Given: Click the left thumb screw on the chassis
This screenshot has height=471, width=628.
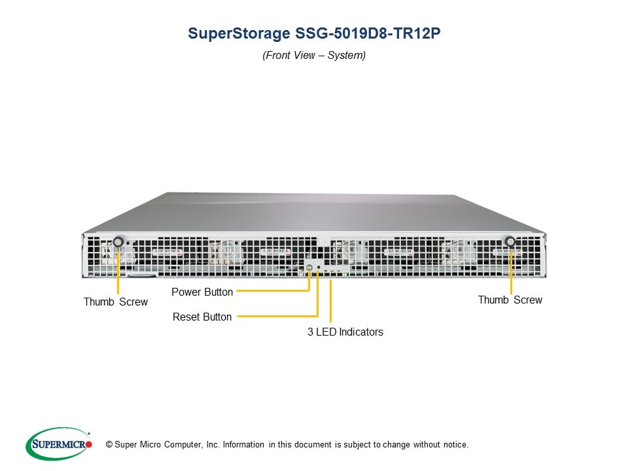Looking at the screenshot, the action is click(x=118, y=241).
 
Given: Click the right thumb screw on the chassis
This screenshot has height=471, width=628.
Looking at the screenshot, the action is click(x=510, y=241).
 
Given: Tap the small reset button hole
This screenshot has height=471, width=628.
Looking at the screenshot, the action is click(x=319, y=267).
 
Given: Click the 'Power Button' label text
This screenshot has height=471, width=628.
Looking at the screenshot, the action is click(x=202, y=292).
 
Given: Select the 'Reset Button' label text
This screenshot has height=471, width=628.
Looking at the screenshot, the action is click(x=202, y=317).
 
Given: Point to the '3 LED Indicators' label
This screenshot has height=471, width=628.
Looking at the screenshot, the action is click(x=345, y=332).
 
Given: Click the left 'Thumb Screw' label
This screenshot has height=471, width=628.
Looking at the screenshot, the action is click(x=115, y=302).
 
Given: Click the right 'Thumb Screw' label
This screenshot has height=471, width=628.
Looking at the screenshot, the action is click(x=510, y=300).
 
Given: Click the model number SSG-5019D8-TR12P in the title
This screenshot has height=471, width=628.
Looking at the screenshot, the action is click(x=368, y=33).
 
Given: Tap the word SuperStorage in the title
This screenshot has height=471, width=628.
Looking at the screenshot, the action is click(x=239, y=33).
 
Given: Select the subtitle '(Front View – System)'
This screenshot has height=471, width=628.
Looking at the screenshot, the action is click(x=314, y=55).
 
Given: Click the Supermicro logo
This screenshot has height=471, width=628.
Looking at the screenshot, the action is click(x=58, y=444).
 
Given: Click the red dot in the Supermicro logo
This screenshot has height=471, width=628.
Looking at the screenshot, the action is click(x=88, y=444).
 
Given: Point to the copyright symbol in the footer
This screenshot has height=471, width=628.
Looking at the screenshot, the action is click(x=109, y=445).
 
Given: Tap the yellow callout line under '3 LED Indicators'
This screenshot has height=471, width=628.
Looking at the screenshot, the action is click(x=330, y=301).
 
